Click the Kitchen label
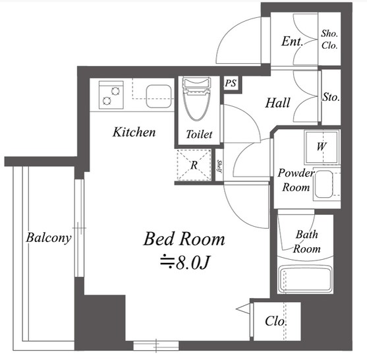click(134, 132)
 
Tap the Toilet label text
click(199, 135)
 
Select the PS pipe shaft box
click(231, 84)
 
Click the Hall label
click(277, 103)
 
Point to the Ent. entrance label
click(293, 42)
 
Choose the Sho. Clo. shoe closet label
click(329, 40)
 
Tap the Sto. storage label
click(331, 97)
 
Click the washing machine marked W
click(322, 147)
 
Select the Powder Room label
click(296, 180)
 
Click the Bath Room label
click(306, 241)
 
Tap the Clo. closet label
click(275, 321)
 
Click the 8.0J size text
click(185, 263)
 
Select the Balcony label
click(49, 238)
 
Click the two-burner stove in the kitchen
click(111, 95)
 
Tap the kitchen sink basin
click(159, 96)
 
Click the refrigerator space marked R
click(194, 165)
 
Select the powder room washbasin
click(324, 185)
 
